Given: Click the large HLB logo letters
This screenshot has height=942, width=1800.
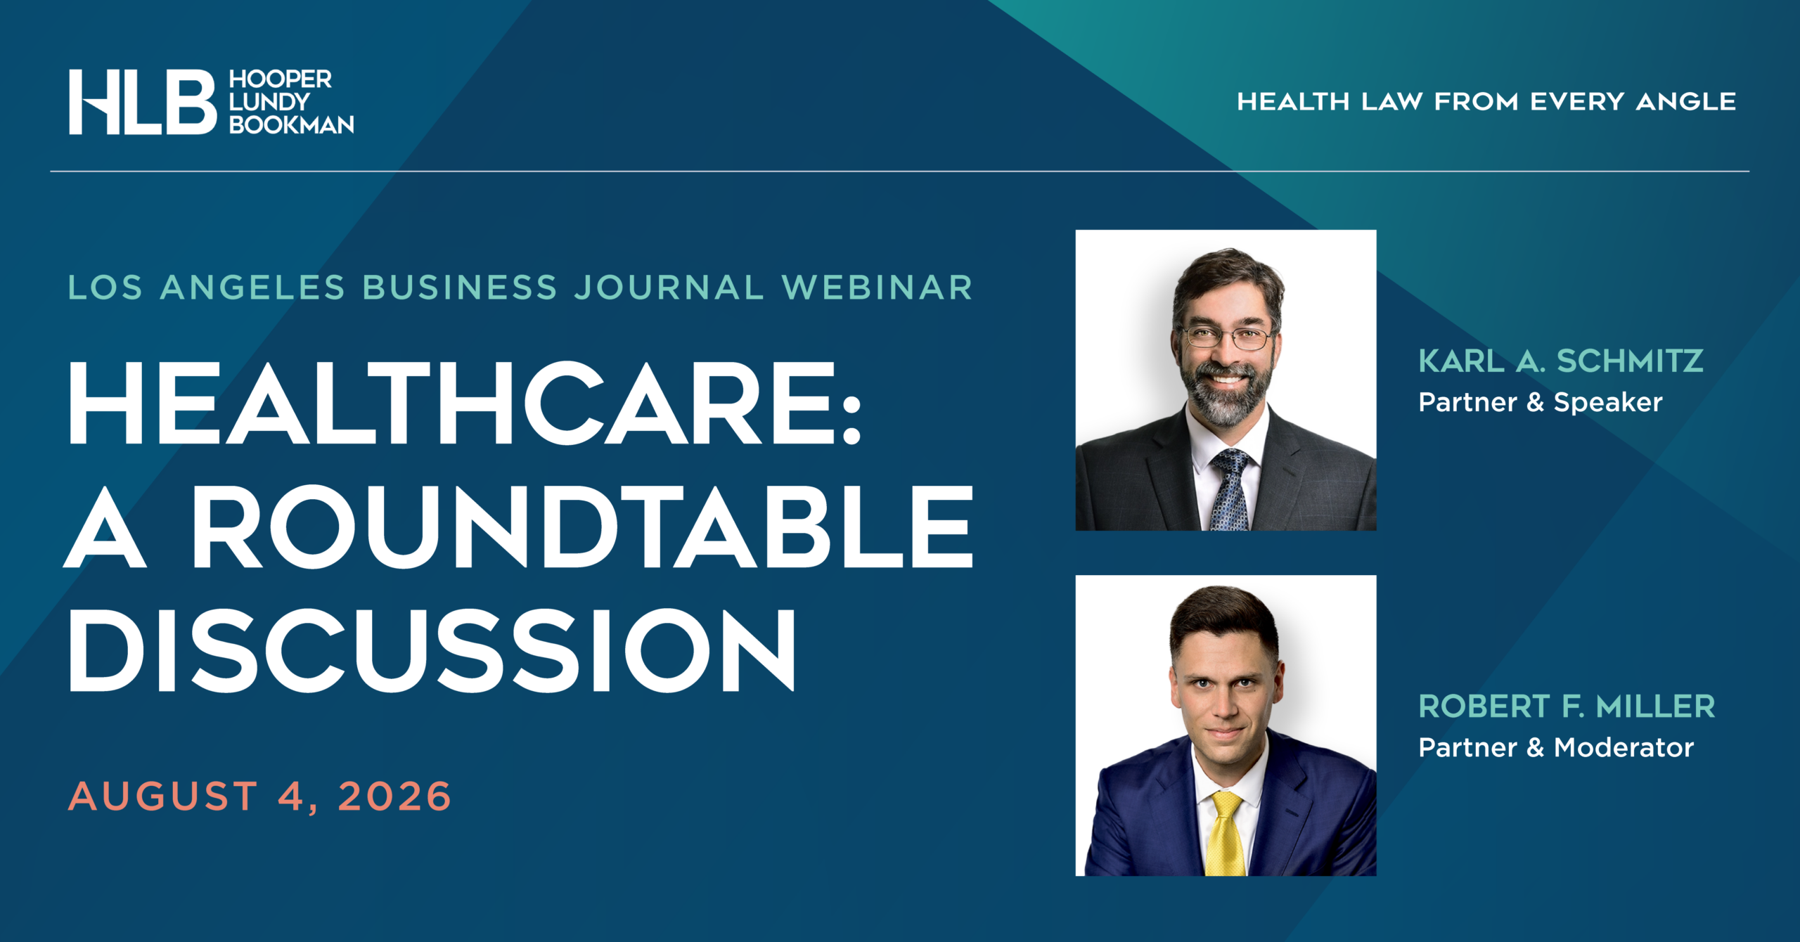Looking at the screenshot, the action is pos(143,102).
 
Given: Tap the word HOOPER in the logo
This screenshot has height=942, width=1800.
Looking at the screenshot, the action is pos(280,79).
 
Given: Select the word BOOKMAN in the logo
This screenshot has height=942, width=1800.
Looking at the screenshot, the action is pos(291,124).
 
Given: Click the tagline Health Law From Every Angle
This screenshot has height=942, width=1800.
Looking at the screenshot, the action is pos(1486,101).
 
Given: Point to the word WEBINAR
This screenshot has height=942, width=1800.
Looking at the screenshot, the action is pos(877,288).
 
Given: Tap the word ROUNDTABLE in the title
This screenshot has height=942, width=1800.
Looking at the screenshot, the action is pos(582,527).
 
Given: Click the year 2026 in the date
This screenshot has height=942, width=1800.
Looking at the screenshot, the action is pos(394,796).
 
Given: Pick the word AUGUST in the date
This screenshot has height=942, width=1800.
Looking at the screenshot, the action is pos(163,796).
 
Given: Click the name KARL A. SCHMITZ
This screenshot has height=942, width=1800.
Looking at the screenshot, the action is pos(1561,361).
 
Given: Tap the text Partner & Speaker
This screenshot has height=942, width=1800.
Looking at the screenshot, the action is pos(1541,402).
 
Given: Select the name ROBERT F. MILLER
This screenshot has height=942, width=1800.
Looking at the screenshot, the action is pos(1567,706).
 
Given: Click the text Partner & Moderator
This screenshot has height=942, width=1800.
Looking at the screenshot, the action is pos(1556,747).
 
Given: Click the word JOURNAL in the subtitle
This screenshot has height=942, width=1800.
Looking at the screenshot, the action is pos(669,288).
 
